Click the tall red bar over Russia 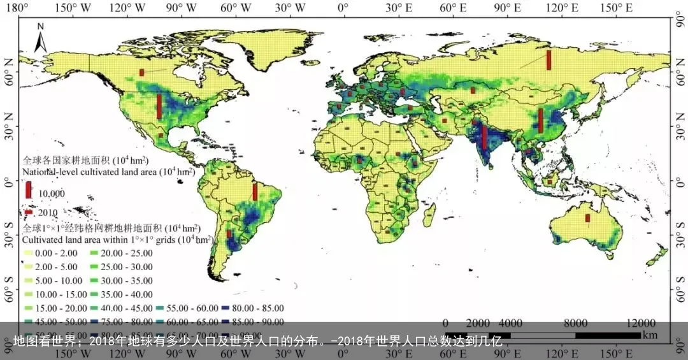(548, 60)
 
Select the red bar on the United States (159, 106)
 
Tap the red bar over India (484, 136)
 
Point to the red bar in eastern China (540, 120)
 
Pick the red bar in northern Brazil (255, 192)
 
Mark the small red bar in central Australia (588, 217)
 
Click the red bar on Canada (142, 72)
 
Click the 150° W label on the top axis (71, 8)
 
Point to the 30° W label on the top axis (290, 8)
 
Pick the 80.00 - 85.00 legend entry (252, 308)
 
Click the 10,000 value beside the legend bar (51, 193)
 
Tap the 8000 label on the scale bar (576, 322)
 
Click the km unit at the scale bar (649, 335)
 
